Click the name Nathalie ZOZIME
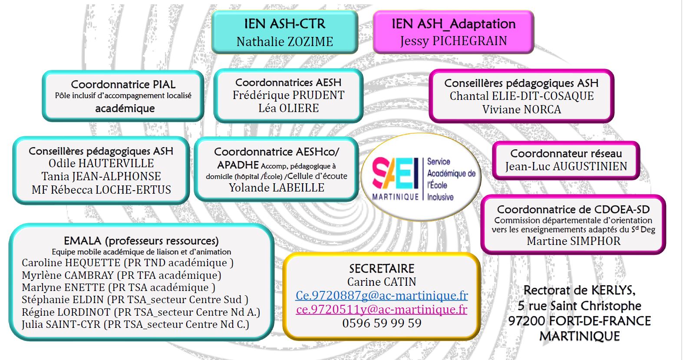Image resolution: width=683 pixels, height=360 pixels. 284,41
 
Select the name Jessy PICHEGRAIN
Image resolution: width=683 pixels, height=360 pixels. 453,41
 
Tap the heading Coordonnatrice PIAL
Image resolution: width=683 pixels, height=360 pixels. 123,84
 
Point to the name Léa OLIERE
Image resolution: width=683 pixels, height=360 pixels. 288,108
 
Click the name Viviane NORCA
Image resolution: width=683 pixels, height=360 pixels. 521,109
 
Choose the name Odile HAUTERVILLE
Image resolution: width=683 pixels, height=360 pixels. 101,163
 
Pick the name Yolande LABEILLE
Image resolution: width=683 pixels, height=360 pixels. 277,188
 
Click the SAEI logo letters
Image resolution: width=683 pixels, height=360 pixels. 395,173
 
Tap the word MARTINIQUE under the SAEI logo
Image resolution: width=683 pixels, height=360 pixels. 396,197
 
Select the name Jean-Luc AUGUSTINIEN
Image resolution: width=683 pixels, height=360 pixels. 566,166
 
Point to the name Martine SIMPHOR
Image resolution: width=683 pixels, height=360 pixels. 573,241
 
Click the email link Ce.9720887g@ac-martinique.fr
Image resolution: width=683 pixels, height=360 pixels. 382,295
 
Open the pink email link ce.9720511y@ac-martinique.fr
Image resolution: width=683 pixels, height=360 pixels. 382,309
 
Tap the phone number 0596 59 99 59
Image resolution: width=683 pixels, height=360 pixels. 382,323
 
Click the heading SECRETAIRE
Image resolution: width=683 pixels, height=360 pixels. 382,268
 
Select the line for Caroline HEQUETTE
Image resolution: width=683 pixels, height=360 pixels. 128,263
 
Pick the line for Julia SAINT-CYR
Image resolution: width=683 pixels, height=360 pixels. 135,324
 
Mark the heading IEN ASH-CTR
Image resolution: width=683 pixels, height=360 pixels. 284,24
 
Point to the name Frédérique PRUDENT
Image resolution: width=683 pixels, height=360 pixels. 288,96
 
